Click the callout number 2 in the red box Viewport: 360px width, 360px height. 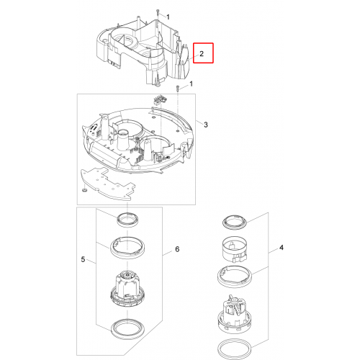coord(202,53)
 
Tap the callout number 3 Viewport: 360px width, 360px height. coord(206,125)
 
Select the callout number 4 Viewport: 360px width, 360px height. coord(282,248)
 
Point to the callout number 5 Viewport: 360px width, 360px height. coord(83,259)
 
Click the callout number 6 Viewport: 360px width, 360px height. coord(177,249)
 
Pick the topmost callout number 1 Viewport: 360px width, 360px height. coord(168,17)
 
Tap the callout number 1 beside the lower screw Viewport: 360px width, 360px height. coord(191,84)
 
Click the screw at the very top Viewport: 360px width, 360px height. coord(158,12)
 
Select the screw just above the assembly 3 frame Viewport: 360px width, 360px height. coord(177,88)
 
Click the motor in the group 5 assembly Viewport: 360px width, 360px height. coord(127,290)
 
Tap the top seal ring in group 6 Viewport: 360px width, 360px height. coord(127,219)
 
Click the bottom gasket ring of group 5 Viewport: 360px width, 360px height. coord(127,329)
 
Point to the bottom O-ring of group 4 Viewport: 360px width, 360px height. coord(235,348)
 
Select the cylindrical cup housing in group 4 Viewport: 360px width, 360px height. coord(234,250)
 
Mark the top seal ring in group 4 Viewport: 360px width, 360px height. coord(234,222)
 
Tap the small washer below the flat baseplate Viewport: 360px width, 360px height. coord(84,190)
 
